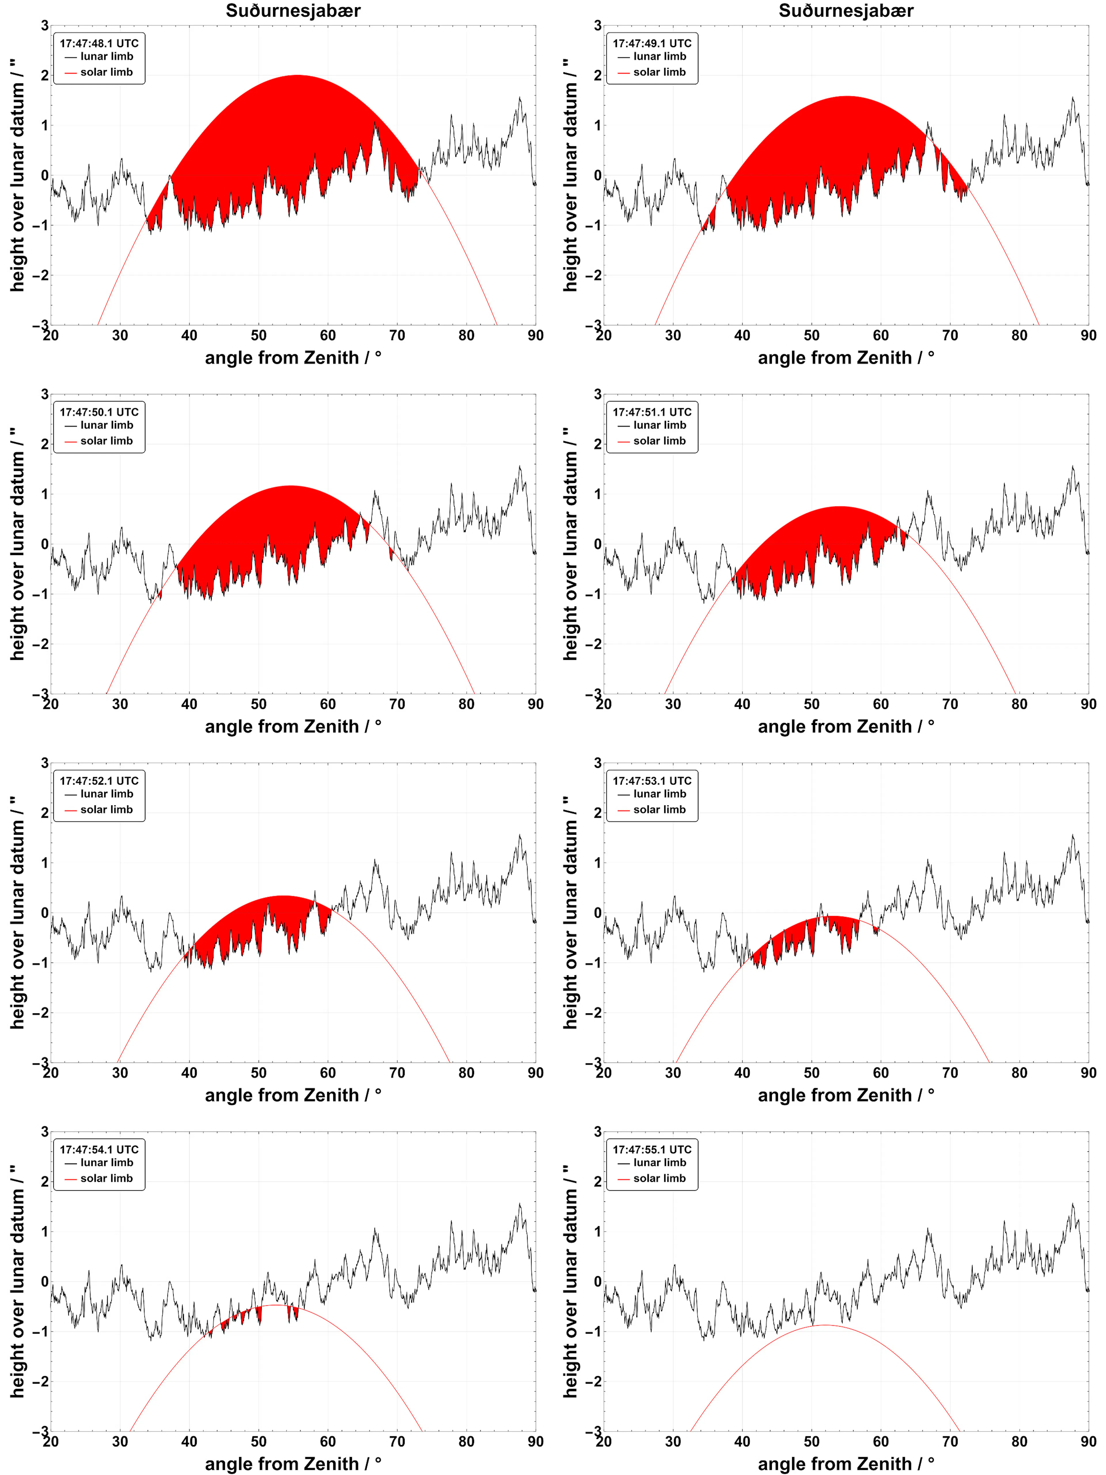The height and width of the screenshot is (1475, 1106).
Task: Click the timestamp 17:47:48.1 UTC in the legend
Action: point(99,43)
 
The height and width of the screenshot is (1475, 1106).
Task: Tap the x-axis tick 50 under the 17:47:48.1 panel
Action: point(259,335)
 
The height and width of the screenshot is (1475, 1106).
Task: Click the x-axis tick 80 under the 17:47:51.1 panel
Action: point(1019,704)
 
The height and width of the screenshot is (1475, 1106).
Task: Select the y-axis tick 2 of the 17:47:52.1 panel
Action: point(45,813)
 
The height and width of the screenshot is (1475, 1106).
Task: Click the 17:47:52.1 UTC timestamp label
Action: point(99,781)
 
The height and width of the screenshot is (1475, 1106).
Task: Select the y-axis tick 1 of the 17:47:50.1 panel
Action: point(45,494)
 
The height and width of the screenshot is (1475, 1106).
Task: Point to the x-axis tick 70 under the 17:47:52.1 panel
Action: point(397,1073)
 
